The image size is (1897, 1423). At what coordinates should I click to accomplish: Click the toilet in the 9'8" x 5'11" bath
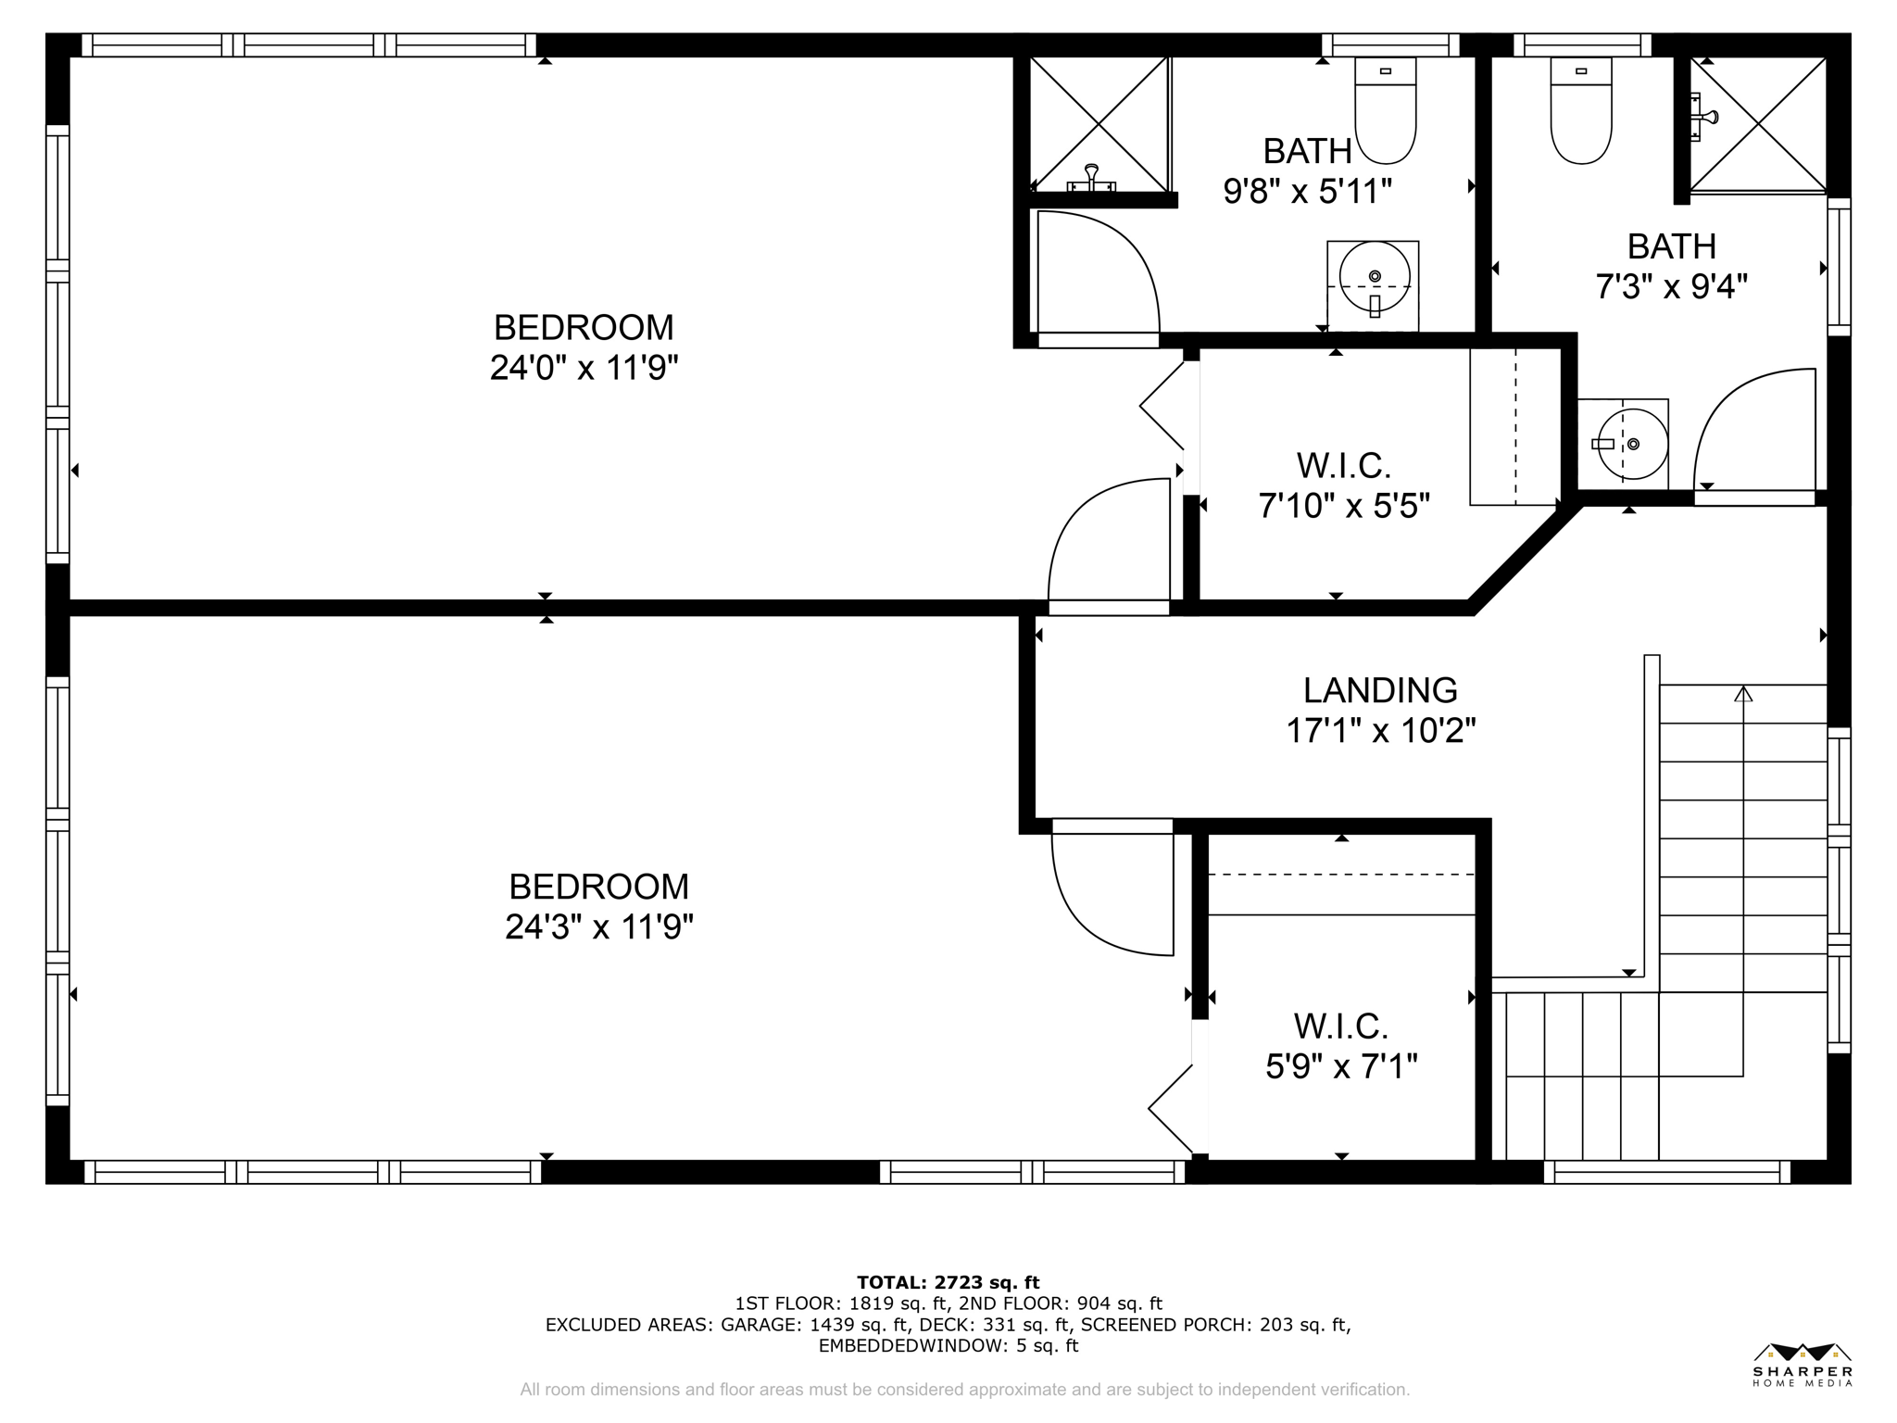[x=1386, y=111]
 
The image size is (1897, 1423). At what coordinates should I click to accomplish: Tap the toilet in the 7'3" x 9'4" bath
[x=1581, y=111]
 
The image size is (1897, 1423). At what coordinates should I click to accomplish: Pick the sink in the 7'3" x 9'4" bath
[x=1632, y=445]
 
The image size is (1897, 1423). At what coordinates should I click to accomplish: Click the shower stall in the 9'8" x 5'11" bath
[x=1099, y=122]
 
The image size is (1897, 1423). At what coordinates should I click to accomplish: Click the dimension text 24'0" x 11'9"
[x=584, y=369]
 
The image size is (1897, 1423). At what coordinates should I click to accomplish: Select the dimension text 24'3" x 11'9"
[x=598, y=926]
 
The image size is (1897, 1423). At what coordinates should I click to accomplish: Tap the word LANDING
[x=1380, y=690]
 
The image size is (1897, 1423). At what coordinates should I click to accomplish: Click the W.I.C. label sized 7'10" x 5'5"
[x=1343, y=465]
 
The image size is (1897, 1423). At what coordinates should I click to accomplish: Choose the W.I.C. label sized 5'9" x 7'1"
[x=1340, y=1026]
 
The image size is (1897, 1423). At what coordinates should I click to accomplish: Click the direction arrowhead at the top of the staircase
[x=1743, y=693]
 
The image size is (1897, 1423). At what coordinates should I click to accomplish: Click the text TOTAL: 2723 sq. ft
[x=948, y=1282]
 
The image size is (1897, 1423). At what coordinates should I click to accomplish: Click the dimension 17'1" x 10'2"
[x=1380, y=732]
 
